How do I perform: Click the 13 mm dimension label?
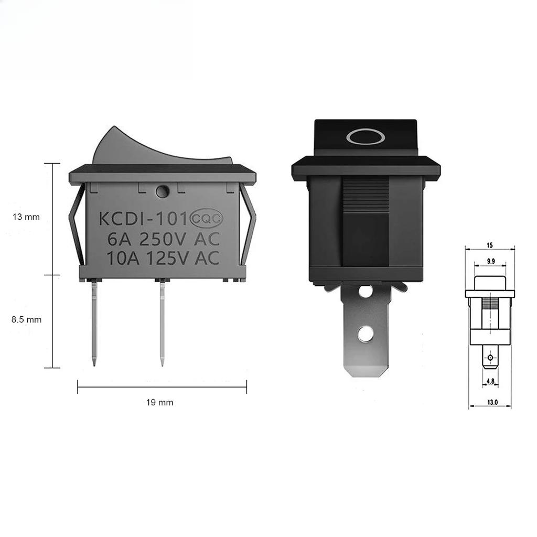pyautogui.click(x=26, y=217)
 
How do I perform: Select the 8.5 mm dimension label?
pyautogui.click(x=26, y=319)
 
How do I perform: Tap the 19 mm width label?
pyautogui.click(x=159, y=403)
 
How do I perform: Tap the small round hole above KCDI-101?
pyautogui.click(x=162, y=192)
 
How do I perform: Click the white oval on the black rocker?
pyautogui.click(x=366, y=137)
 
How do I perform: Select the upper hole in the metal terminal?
pyautogui.click(x=366, y=291)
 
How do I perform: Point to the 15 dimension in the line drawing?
pyautogui.click(x=489, y=245)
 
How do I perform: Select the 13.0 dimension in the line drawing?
pyautogui.click(x=491, y=403)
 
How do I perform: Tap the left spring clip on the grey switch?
pyautogui.click(x=77, y=225)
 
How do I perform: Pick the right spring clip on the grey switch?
pyautogui.click(x=248, y=225)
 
